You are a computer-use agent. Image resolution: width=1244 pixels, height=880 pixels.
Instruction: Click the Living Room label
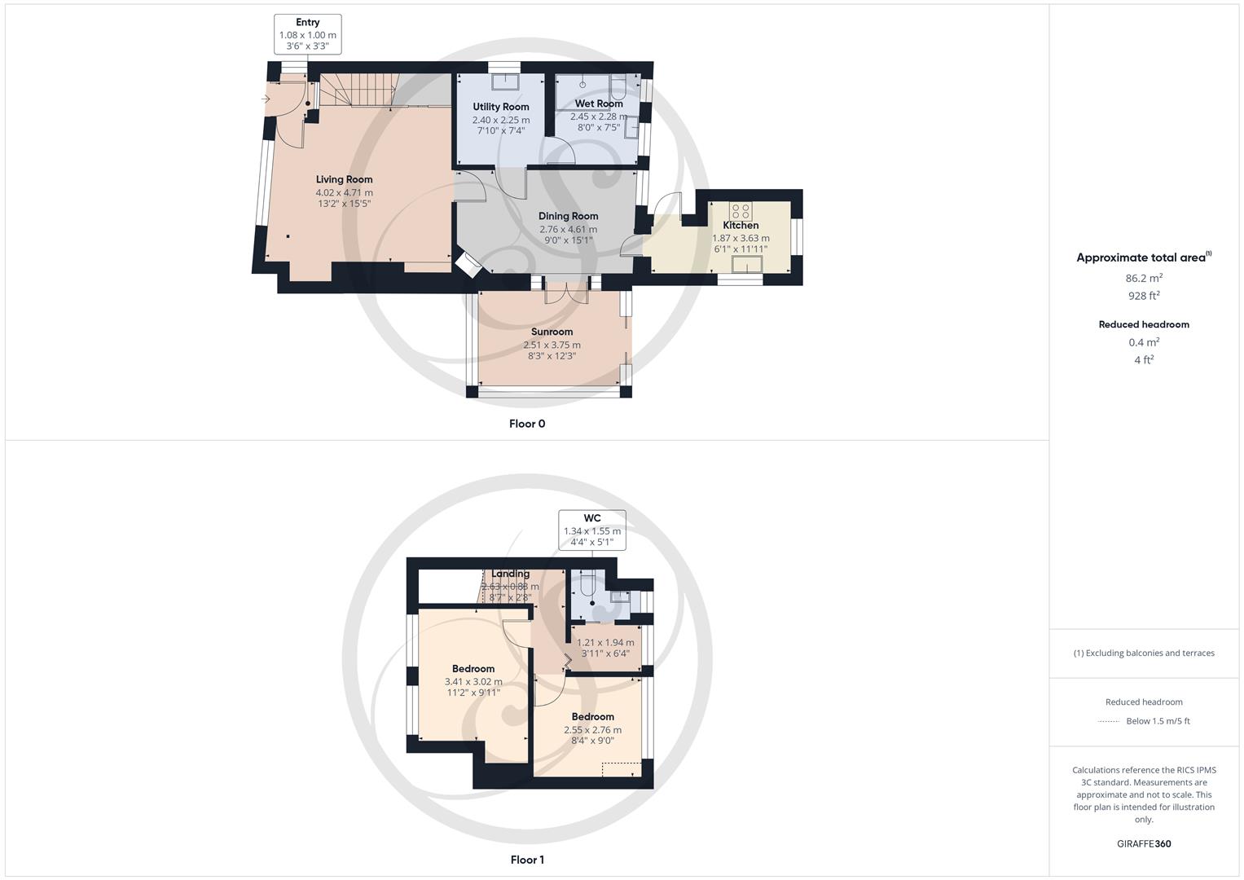click(344, 179)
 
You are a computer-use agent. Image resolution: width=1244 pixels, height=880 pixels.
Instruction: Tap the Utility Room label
click(501, 107)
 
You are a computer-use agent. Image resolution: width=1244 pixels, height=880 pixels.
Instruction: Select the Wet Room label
click(599, 103)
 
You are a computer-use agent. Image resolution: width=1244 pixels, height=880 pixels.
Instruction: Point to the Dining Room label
click(568, 216)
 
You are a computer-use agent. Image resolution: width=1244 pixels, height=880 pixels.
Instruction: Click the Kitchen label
click(741, 225)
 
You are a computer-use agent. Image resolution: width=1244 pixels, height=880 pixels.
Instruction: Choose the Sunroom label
click(552, 332)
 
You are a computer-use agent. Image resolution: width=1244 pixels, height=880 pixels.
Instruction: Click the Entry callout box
click(308, 34)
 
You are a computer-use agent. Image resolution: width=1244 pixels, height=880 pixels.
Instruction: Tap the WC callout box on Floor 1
click(592, 530)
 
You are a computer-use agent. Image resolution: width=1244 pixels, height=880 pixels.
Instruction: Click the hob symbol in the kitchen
click(740, 209)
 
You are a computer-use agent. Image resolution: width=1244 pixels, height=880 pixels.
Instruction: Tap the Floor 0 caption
click(527, 424)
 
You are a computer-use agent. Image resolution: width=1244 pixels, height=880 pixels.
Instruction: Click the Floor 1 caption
click(527, 860)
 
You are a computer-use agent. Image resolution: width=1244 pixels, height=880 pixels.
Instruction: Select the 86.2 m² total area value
click(1144, 278)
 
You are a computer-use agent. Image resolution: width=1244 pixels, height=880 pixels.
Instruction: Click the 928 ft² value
click(1144, 296)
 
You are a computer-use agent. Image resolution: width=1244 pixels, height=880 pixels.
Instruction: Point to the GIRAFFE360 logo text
click(1144, 843)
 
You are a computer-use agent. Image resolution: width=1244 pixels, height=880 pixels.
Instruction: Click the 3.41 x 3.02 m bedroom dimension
click(473, 682)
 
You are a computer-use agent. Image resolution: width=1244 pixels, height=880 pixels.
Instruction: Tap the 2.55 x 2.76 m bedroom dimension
click(592, 730)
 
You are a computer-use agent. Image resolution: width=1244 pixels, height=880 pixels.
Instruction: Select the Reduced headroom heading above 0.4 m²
click(1144, 324)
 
